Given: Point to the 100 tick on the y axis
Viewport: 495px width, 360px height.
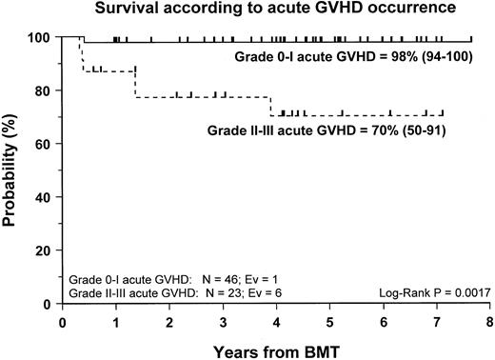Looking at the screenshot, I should (43, 38).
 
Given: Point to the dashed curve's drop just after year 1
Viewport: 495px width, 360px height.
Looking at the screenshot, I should (135, 83).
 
